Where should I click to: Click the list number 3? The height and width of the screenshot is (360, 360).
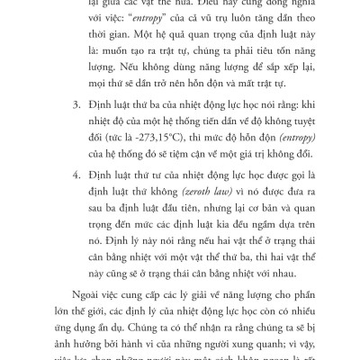point(73,127)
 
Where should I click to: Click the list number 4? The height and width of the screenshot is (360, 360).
point(73,201)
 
